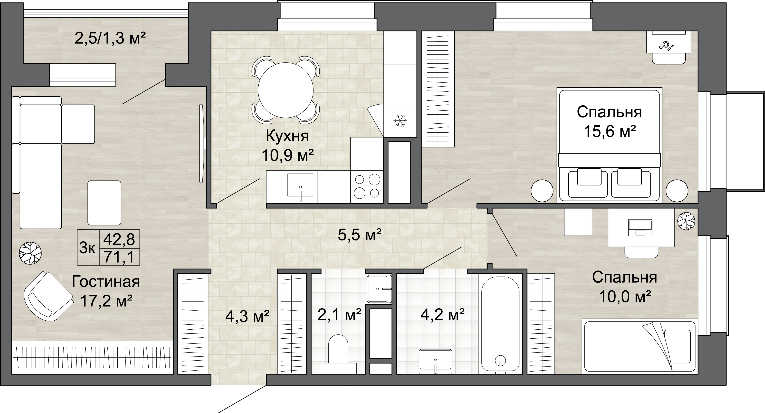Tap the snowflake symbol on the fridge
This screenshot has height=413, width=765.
[400, 121]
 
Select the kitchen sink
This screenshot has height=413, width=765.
[300, 187]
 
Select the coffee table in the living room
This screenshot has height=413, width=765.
[104, 203]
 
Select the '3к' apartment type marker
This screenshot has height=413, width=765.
[87, 248]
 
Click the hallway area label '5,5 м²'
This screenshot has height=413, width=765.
[359, 235]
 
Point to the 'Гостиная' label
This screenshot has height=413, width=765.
[106, 282]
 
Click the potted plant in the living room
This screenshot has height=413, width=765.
[30, 253]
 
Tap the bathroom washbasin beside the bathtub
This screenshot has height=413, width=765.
[435, 361]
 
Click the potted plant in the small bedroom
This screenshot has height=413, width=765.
[686, 221]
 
